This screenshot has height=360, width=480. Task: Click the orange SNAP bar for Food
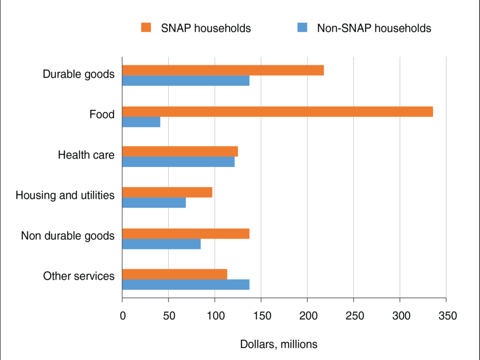point(277,112)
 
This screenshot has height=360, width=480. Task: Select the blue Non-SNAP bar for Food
point(141,122)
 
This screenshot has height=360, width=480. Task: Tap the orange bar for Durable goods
point(223,70)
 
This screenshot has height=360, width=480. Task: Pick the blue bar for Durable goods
point(186,81)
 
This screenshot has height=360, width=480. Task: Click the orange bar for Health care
point(180,151)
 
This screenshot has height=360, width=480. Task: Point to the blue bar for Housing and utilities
point(154,203)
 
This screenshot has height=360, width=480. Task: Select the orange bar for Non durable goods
point(186,233)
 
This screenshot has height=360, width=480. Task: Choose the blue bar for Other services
point(186,285)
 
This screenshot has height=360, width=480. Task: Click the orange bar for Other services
point(174,274)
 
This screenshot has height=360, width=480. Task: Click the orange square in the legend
point(146,28)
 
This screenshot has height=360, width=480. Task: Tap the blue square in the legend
point(302,28)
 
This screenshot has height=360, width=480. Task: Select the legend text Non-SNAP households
point(374,28)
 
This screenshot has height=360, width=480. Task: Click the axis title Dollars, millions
point(278,344)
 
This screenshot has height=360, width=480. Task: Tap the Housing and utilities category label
point(65,195)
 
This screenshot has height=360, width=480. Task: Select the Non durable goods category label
point(67,236)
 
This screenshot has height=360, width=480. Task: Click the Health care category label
point(86,155)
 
